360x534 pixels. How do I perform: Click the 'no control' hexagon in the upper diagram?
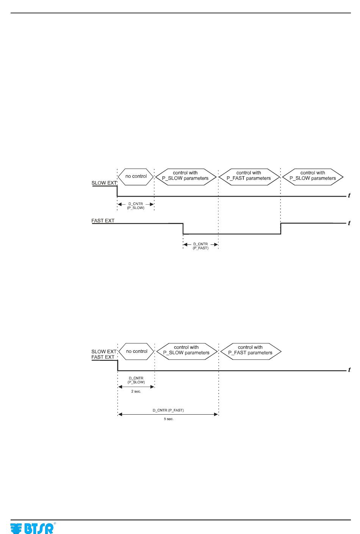[x=136, y=177]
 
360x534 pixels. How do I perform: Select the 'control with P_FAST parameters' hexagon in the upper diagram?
[x=249, y=176]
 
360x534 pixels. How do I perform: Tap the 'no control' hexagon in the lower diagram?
[x=136, y=351]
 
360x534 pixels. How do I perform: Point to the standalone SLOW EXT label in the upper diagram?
[x=104, y=183]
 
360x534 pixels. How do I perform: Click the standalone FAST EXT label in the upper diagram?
[x=103, y=221]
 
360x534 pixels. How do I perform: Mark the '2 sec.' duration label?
[x=136, y=391]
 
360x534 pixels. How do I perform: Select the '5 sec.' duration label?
[x=169, y=419]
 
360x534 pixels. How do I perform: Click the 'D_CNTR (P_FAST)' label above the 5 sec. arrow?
[x=168, y=410]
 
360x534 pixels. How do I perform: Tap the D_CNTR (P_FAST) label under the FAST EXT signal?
[x=200, y=246]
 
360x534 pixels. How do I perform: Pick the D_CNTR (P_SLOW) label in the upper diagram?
[x=136, y=206]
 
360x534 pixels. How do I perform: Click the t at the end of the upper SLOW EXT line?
[x=349, y=196]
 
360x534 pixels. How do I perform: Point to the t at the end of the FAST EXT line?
[x=349, y=223]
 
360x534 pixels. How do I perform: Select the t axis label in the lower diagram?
[x=349, y=370]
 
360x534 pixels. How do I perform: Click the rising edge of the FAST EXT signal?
[x=281, y=229]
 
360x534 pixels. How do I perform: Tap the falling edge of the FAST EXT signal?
[x=183, y=229]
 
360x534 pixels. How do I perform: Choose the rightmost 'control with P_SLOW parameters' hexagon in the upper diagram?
[x=313, y=176]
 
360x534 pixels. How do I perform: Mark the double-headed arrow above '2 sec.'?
[x=136, y=387]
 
